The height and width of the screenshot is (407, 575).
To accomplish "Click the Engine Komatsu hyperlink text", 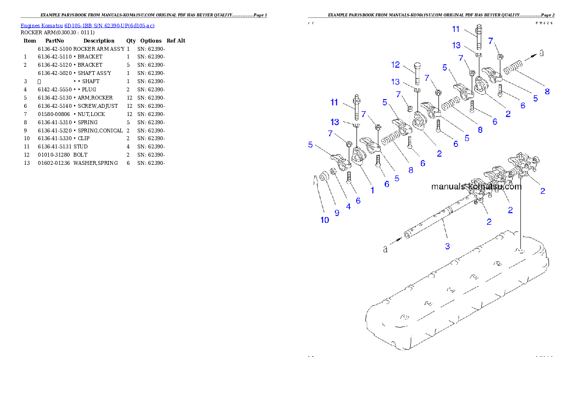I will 87,26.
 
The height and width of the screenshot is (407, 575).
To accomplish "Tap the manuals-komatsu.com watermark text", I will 476,187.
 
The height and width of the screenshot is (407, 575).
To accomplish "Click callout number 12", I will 395,64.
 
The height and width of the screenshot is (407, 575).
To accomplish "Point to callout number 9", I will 337,212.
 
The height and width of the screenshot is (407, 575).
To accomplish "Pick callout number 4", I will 348,206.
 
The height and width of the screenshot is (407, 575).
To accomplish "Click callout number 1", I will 372,190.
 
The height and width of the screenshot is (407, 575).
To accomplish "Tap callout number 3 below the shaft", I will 447,246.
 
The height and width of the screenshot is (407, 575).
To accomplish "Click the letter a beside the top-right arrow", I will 541,53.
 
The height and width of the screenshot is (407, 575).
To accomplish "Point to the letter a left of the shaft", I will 385,249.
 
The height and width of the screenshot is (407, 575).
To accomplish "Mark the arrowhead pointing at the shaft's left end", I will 400,238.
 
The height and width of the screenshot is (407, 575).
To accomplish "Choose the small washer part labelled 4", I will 334,173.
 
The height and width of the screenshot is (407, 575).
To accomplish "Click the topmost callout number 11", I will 456,29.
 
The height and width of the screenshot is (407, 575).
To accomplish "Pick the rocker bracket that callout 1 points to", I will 359,157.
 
